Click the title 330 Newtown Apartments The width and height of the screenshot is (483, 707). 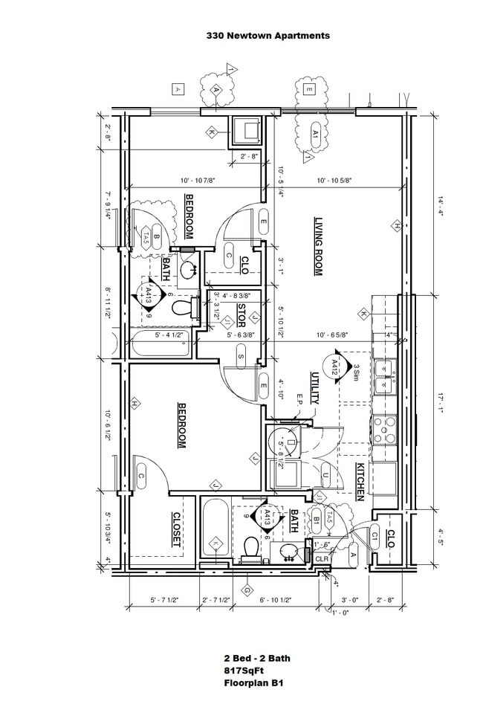click(x=268, y=35)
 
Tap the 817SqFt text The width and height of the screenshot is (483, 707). click(x=244, y=670)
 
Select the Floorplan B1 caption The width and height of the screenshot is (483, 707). click(x=253, y=682)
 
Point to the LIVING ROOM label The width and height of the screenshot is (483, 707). click(x=318, y=246)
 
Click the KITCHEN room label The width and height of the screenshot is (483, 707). click(x=360, y=481)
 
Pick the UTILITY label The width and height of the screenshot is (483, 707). click(x=315, y=388)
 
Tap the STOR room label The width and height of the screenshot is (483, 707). click(x=241, y=316)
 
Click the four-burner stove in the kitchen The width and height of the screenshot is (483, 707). click(x=386, y=430)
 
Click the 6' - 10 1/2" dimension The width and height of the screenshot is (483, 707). click(x=276, y=599)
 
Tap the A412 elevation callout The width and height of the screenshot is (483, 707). click(x=334, y=367)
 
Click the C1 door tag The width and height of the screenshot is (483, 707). click(x=375, y=535)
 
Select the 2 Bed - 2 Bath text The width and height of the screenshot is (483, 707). click(x=257, y=658)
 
